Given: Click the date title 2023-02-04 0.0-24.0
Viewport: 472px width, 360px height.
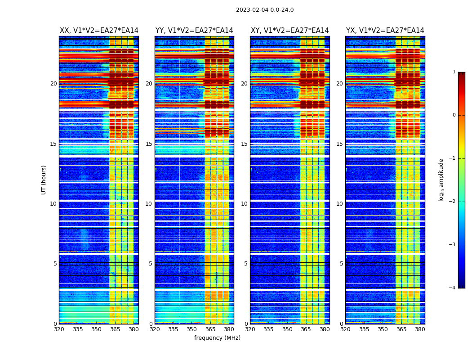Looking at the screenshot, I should point(265,10).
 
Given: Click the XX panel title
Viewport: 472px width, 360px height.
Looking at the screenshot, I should point(99,31).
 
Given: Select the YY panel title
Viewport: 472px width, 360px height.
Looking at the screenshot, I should point(194,31).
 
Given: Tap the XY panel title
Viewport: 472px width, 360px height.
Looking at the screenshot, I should point(289,31).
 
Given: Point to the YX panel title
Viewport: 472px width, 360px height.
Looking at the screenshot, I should point(385,31).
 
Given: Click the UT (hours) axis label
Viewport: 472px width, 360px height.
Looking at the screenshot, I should point(44,180).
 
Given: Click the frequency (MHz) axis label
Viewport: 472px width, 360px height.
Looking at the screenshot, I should point(217,338).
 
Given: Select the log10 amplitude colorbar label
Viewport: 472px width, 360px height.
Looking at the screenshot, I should point(441,180).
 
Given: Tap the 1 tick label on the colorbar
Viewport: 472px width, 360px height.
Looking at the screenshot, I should point(454,72).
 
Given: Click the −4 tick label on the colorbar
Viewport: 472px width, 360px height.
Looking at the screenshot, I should point(452,288).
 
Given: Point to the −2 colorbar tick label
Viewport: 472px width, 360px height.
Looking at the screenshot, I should point(452,202).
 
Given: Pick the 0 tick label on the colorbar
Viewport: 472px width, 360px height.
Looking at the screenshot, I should point(454,115).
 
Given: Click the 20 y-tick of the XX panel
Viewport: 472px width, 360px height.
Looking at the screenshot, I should point(53,84).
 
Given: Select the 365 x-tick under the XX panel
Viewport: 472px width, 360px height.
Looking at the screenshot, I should point(115,329).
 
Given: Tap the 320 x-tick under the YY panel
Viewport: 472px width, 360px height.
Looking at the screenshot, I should point(155,329).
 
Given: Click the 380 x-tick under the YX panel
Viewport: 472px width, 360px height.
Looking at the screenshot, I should point(420,329).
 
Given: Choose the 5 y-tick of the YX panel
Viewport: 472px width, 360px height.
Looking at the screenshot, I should point(341,264).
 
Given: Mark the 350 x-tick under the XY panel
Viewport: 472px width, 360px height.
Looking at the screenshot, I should point(287,329).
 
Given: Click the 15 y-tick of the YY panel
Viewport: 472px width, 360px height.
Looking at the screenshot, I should point(149,144).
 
